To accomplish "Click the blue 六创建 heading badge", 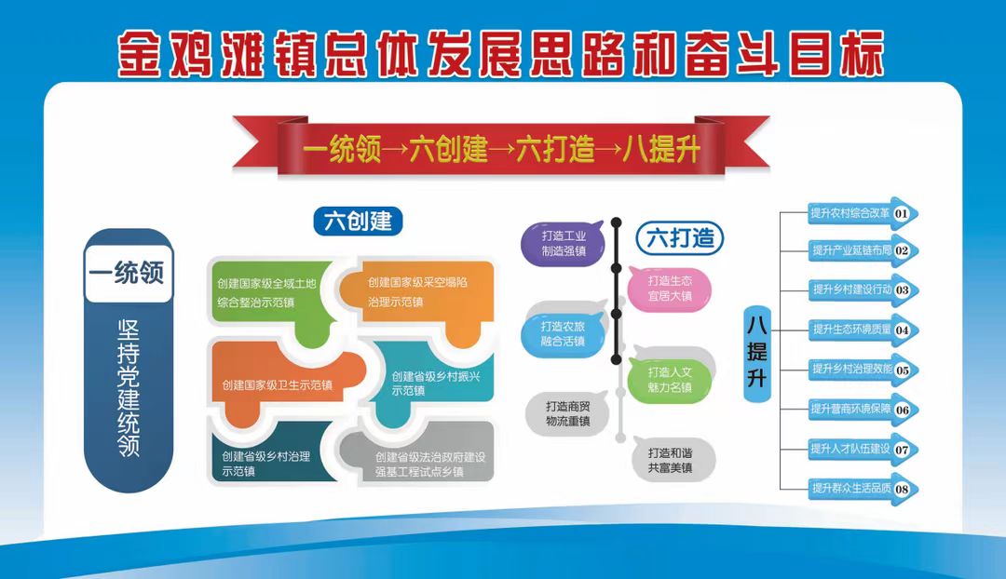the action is [x=358, y=222].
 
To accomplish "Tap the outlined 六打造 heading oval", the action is [x=679, y=238].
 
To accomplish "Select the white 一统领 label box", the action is [x=129, y=273].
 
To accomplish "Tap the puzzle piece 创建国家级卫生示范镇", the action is [x=278, y=384].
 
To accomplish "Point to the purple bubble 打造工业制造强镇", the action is [x=563, y=244].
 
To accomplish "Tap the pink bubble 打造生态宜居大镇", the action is [x=669, y=289].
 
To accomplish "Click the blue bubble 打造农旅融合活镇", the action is [x=563, y=334].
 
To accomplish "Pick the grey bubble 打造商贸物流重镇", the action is [x=567, y=413].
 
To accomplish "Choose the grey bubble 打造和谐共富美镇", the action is [x=671, y=460].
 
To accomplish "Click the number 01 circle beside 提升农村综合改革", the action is [x=901, y=213].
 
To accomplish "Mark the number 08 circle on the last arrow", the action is [x=902, y=490].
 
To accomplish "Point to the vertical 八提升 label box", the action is [x=757, y=354].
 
